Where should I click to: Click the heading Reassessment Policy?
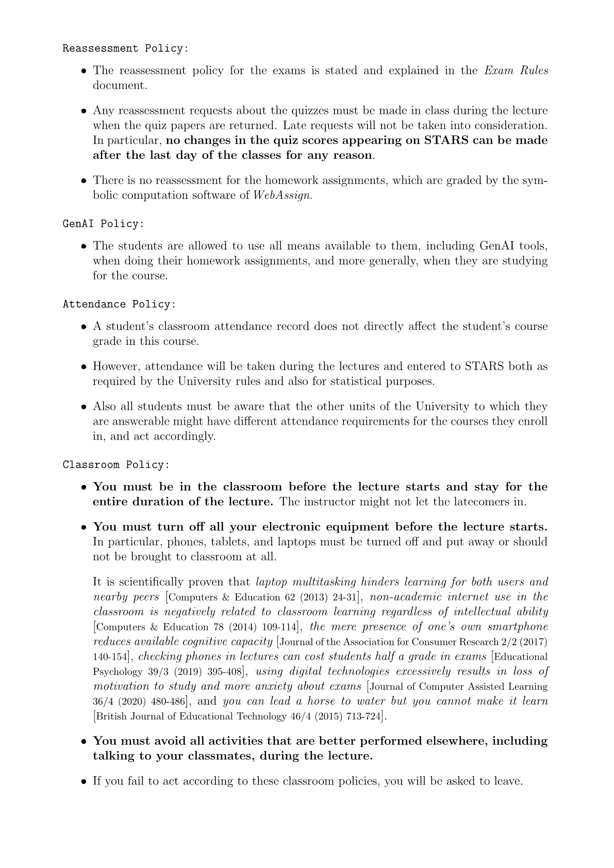[x=125, y=48]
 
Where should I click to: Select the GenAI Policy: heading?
[x=103, y=224]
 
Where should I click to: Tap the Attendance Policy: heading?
[x=119, y=304]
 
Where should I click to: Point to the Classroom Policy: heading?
[x=116, y=464]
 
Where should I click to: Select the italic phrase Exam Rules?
[x=516, y=70]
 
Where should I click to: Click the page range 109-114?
[x=278, y=627]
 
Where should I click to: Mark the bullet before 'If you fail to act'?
[x=83, y=781]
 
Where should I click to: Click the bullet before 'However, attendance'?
[x=83, y=367]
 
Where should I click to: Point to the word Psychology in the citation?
[x=118, y=672]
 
